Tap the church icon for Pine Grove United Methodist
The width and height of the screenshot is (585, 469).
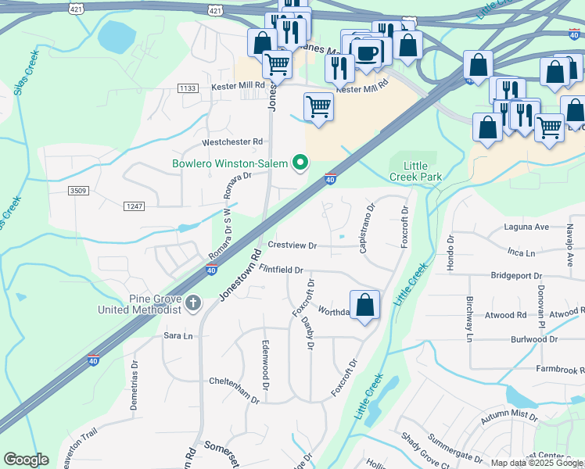193,302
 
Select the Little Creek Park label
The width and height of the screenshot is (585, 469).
422,171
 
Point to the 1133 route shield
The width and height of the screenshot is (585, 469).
188,88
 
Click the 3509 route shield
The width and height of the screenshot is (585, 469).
78,190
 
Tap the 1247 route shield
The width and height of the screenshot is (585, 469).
134,206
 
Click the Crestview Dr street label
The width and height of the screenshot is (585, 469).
292,245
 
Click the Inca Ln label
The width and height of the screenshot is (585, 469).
521,252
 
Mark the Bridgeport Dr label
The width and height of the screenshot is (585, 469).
516,276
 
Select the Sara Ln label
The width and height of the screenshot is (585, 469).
178,335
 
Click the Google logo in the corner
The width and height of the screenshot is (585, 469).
26,460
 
